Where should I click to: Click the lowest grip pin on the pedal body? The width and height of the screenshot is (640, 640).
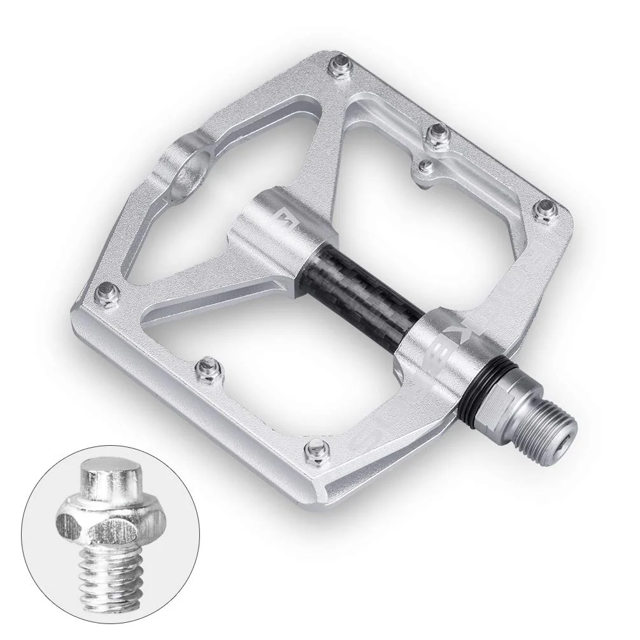(x=313, y=448)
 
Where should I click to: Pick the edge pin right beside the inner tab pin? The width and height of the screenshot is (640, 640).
(x=438, y=133)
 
